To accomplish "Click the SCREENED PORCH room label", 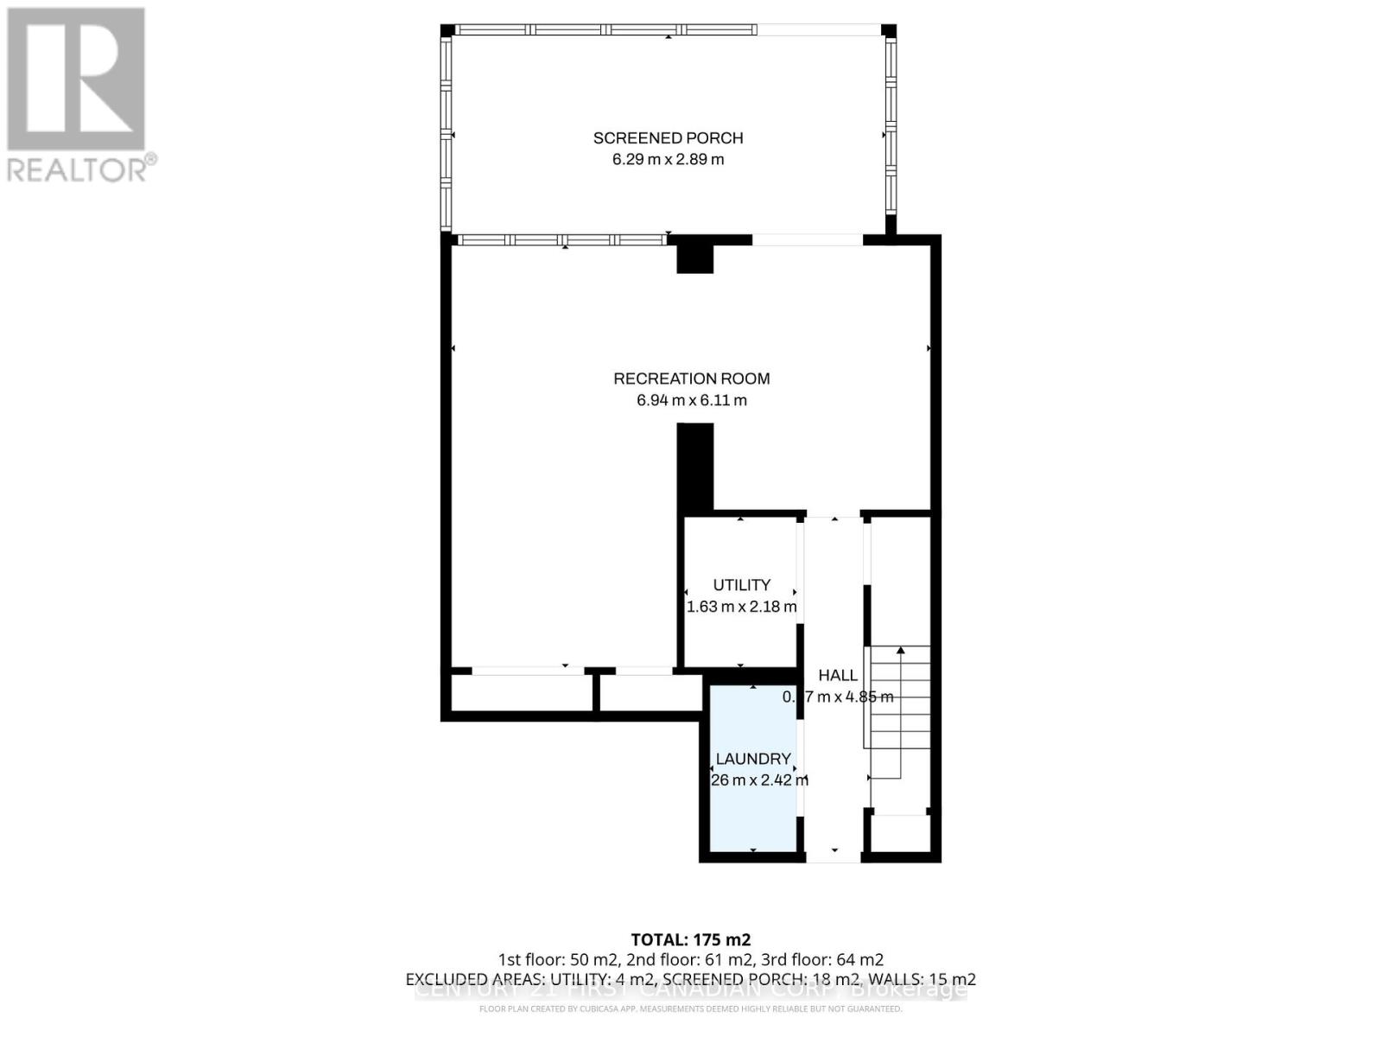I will (x=668, y=137).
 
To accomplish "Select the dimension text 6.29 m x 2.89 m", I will (x=668, y=160).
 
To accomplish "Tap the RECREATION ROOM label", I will (x=691, y=379).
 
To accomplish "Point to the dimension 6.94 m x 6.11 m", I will (x=691, y=400).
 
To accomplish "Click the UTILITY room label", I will (x=741, y=585).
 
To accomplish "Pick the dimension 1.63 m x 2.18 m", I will (x=741, y=607).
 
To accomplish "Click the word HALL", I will (x=838, y=676).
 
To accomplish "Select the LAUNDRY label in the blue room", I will (x=753, y=759).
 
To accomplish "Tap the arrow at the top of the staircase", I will (x=901, y=650).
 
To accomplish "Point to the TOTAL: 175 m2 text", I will (x=690, y=939).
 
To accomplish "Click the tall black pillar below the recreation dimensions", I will (x=694, y=467).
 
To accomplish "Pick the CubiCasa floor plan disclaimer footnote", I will (x=690, y=1008).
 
